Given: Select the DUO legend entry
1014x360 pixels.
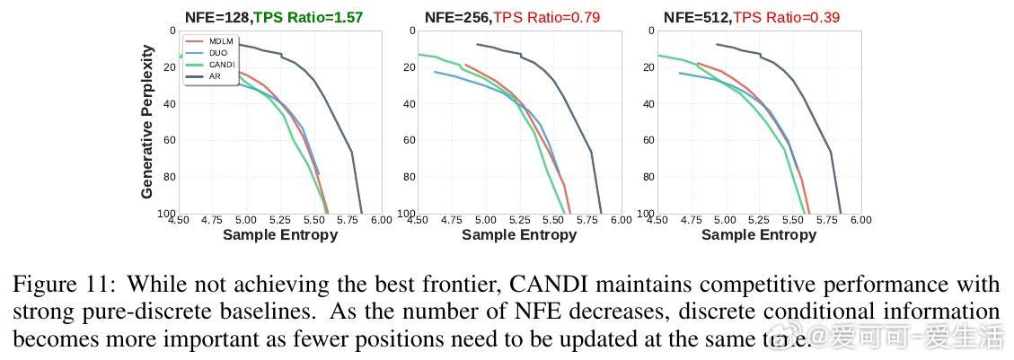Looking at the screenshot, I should pyautogui.click(x=216, y=53).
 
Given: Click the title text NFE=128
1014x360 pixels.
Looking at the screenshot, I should pyautogui.click(x=217, y=17).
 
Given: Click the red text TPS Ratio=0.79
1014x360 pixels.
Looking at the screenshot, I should pyautogui.click(x=546, y=17).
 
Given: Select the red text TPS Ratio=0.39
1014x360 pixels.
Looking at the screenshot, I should pyautogui.click(x=786, y=17).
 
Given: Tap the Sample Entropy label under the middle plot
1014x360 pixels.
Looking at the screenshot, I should pyautogui.click(x=519, y=234).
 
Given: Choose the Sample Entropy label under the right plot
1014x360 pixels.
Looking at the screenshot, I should pyautogui.click(x=759, y=234).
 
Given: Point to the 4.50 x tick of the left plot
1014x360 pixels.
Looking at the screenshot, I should pyautogui.click(x=179, y=220).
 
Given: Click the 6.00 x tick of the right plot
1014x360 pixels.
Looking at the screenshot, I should pyautogui.click(x=860, y=220).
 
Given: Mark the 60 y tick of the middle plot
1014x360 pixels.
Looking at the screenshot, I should pyautogui.click(x=410, y=141).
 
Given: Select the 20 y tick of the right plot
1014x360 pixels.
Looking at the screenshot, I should pyautogui.click(x=648, y=67).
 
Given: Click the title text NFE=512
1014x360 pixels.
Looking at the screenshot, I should pyautogui.click(x=696, y=17).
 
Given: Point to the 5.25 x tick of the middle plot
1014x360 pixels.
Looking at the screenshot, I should pyautogui.click(x=519, y=220).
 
